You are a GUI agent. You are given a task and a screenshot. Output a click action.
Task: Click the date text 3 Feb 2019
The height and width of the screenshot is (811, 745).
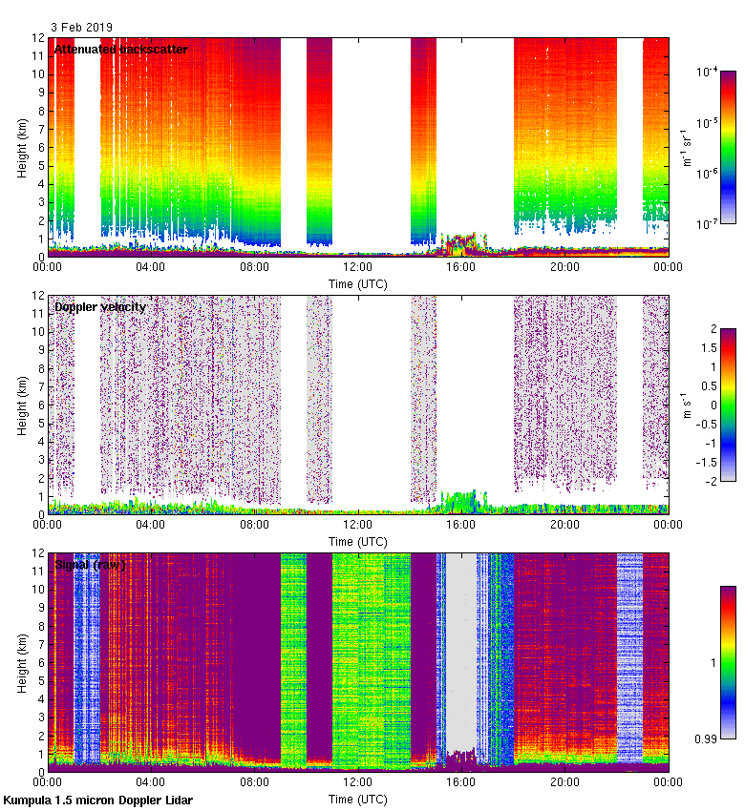pos(83,28)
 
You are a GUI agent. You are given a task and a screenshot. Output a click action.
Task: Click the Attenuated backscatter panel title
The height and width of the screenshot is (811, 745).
pos(120,50)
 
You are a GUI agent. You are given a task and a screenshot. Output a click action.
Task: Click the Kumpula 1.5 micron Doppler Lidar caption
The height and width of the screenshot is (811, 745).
pos(97,800)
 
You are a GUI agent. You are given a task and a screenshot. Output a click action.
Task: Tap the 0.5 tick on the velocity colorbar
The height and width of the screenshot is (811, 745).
pos(714,385)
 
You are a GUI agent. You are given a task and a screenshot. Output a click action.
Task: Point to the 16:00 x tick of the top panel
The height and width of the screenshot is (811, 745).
pos(461,267)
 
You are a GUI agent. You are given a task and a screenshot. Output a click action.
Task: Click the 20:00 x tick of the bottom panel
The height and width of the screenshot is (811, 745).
pos(564,781)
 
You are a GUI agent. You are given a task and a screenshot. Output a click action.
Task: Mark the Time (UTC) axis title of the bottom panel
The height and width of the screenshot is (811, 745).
pos(358,798)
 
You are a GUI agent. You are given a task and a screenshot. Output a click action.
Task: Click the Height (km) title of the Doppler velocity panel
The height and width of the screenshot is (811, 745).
pos(22,405)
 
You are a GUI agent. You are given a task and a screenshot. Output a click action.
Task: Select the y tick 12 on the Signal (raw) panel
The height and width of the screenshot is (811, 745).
pos(38,552)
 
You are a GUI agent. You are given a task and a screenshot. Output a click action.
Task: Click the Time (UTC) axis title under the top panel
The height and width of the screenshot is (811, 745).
pos(358,283)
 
